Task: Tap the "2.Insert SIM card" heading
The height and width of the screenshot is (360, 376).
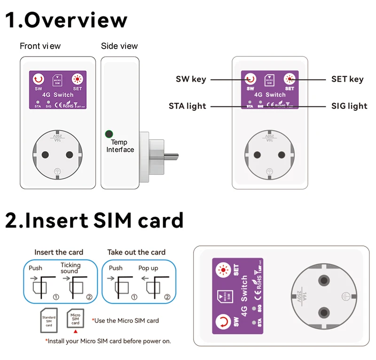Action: [94, 220]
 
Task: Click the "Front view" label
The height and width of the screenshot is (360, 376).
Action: [40, 46]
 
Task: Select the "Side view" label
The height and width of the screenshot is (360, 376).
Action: [119, 46]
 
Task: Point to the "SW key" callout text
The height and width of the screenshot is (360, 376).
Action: [191, 79]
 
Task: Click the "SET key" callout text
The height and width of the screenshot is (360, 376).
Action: [347, 79]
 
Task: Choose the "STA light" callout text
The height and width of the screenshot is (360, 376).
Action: [187, 106]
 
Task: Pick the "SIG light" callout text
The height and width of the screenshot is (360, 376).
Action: [350, 106]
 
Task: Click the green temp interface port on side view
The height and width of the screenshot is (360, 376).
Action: [109, 134]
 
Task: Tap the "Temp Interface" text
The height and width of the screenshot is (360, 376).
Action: [119, 146]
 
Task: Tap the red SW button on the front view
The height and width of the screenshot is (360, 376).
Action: [39, 79]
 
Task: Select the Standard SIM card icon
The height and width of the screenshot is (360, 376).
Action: [49, 320]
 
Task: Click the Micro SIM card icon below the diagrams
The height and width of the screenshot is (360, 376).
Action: [75, 319]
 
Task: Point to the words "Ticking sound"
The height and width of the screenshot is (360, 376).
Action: [70, 268]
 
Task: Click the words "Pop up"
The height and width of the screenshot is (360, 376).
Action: [148, 268]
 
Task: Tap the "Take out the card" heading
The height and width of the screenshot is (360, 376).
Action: [136, 252]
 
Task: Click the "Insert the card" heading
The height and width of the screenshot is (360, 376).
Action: [59, 252]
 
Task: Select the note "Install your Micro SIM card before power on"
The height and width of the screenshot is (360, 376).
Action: [108, 341]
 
